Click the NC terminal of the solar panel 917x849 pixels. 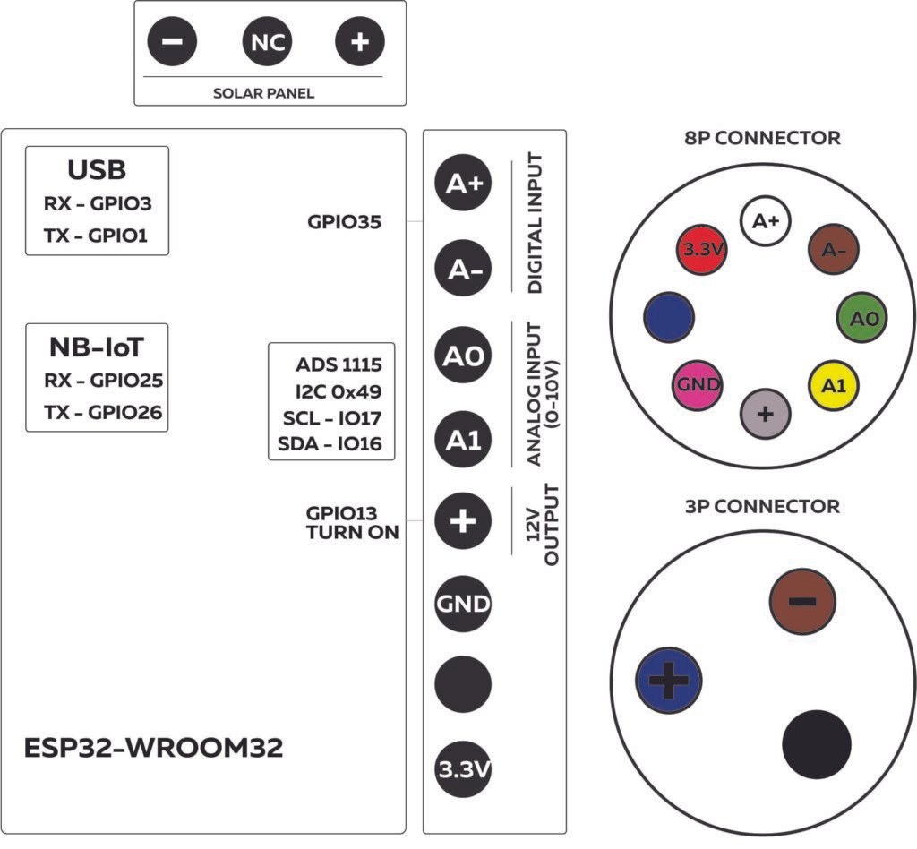[267, 42]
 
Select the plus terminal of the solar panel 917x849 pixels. [359, 42]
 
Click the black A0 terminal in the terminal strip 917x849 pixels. [463, 356]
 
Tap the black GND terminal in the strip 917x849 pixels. [463, 603]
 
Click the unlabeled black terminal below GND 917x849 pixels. [463, 686]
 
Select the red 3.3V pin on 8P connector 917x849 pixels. [701, 250]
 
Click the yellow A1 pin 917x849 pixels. [834, 385]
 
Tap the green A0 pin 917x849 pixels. [862, 318]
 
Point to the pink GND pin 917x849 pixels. [698, 385]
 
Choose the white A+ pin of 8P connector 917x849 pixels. [766, 221]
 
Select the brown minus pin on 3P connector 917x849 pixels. [802, 601]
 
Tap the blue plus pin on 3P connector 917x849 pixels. [666, 682]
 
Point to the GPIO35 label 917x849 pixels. [344, 221]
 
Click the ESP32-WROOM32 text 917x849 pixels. [153, 749]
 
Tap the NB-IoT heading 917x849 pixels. [97, 347]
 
